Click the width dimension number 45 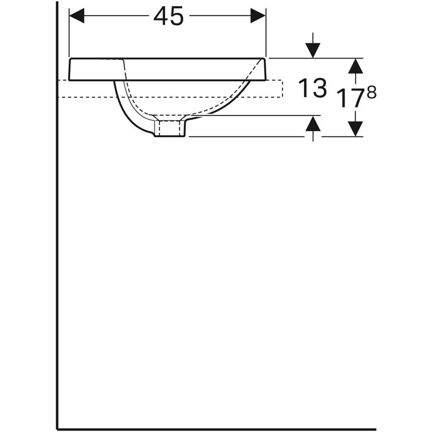click(x=168, y=16)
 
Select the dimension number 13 click(x=312, y=88)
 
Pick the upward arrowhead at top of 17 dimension click(x=356, y=66)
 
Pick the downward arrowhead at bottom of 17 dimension click(x=356, y=129)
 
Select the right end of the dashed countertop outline click(x=282, y=88)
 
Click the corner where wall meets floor click(x=57, y=429)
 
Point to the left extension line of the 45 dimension click(x=69, y=36)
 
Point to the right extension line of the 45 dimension click(x=266, y=36)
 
